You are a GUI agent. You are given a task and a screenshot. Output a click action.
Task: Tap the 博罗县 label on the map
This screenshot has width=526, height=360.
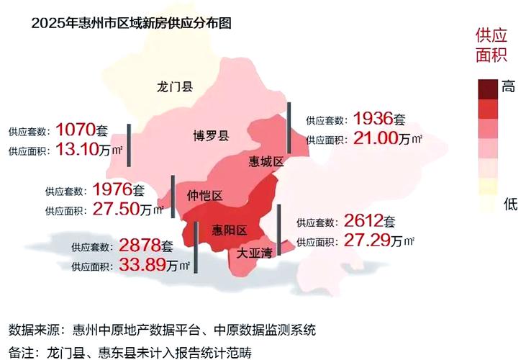pos(211,136)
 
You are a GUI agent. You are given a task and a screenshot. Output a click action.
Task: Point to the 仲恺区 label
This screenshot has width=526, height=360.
pos(204,196)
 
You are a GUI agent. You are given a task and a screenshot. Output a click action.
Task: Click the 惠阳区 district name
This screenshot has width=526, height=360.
pos(230,230)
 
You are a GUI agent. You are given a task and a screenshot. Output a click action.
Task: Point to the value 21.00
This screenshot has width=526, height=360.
pos(376,139)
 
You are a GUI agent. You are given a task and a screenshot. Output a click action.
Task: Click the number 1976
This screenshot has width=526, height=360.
pos(112,190)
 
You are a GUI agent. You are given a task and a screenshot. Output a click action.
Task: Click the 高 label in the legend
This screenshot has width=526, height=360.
pos(509,87)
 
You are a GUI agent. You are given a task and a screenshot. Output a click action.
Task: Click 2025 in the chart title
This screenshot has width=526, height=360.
pos(48,22)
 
